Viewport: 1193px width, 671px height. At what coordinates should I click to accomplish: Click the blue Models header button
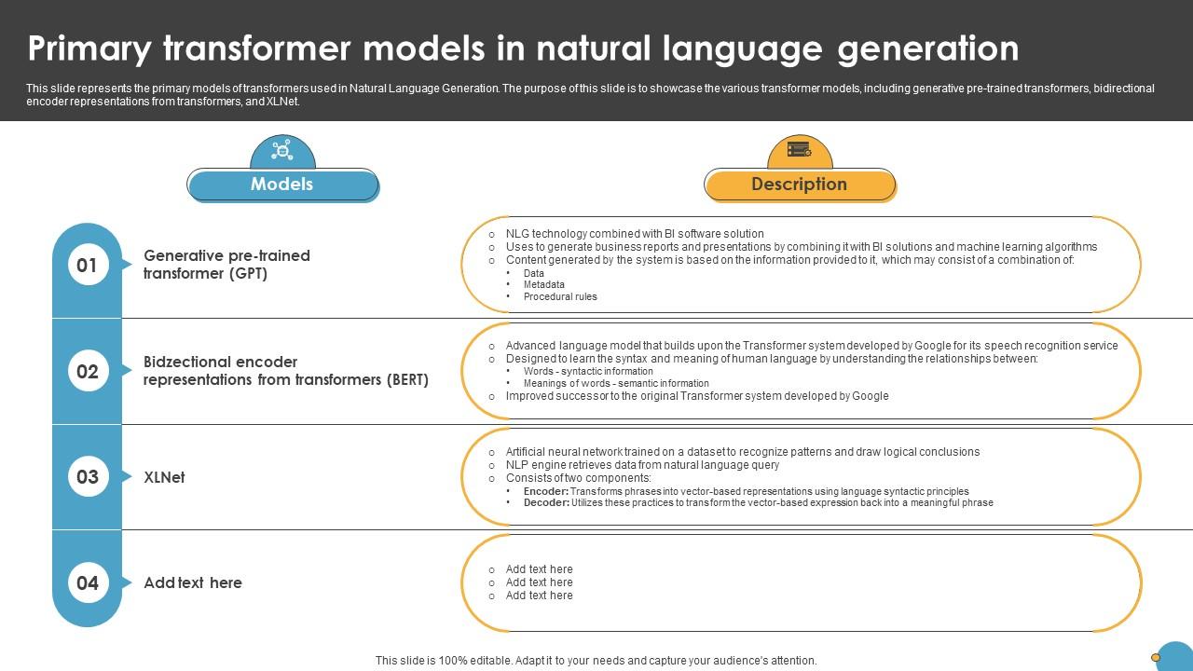(x=282, y=185)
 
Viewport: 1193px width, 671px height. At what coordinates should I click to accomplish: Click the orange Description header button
(x=799, y=185)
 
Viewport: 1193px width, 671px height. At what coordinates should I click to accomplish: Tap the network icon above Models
(x=282, y=150)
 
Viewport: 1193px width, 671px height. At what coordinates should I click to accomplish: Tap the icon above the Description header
(x=799, y=149)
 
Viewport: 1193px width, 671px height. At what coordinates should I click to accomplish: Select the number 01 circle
(x=87, y=266)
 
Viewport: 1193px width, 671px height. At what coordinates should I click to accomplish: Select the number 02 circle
(x=87, y=372)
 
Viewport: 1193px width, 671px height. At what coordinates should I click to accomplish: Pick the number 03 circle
(x=87, y=477)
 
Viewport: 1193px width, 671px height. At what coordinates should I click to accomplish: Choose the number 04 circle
(x=87, y=583)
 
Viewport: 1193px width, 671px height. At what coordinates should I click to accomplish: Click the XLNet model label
(x=164, y=477)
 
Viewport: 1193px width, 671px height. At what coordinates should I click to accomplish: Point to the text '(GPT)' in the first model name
(x=248, y=274)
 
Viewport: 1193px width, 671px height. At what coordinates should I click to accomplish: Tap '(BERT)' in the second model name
(x=406, y=380)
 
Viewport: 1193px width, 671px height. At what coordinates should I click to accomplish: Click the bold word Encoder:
(x=545, y=491)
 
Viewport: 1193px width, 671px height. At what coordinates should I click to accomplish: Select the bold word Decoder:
(x=546, y=503)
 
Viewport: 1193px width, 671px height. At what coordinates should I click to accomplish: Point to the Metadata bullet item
(x=543, y=285)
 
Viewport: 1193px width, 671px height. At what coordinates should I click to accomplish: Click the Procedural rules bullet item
(x=559, y=297)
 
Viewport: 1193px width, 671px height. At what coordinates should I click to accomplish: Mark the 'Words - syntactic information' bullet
(x=587, y=372)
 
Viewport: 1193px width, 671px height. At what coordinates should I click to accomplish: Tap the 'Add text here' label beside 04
(x=193, y=583)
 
